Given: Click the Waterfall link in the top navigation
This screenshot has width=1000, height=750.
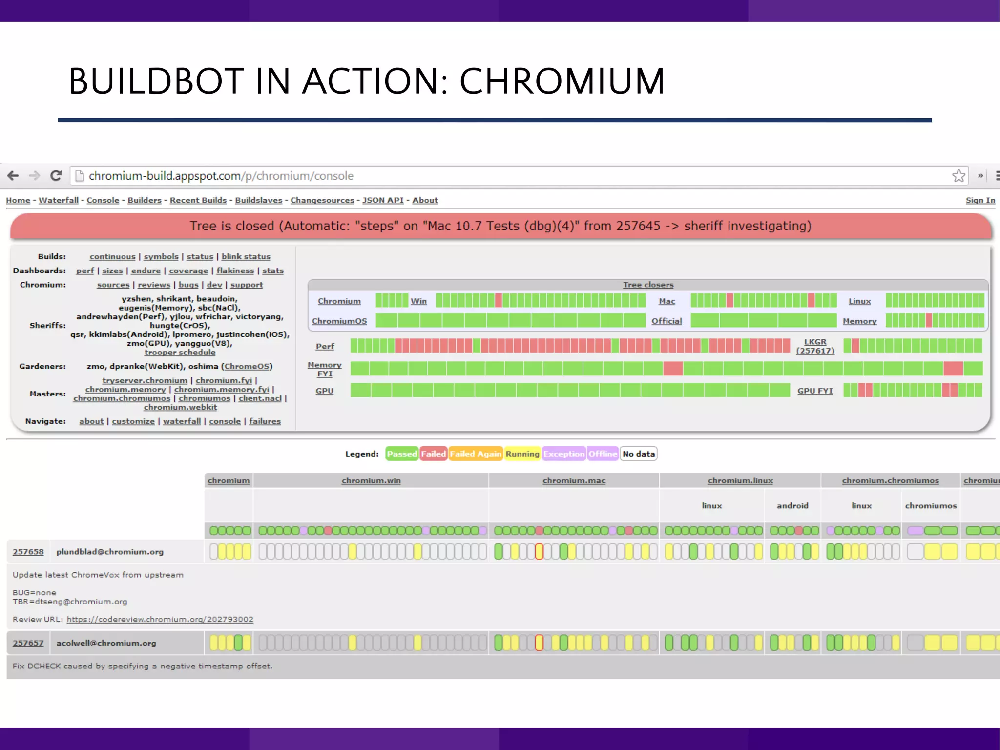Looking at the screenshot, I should pyautogui.click(x=59, y=200).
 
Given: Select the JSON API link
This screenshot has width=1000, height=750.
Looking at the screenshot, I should pyautogui.click(x=383, y=200).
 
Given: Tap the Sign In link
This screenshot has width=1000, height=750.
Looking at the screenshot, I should pyautogui.click(x=980, y=200).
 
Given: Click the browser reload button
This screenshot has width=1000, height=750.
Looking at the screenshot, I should pyautogui.click(x=56, y=176).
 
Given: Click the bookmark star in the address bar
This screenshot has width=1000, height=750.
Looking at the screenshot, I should pyautogui.click(x=958, y=176).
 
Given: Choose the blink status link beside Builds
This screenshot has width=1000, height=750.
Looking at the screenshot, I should pyautogui.click(x=246, y=256).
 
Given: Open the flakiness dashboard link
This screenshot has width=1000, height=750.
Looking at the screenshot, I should pyautogui.click(x=235, y=271).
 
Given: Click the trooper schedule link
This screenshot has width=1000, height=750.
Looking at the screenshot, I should pyautogui.click(x=180, y=352).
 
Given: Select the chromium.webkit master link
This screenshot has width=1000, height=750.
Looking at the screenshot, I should pyautogui.click(x=180, y=407).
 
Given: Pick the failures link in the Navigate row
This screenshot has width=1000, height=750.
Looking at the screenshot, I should pyautogui.click(x=265, y=421).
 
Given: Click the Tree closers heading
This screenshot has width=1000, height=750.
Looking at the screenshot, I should pyautogui.click(x=648, y=285).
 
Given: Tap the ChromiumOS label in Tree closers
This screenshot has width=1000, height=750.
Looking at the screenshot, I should pyautogui.click(x=339, y=321).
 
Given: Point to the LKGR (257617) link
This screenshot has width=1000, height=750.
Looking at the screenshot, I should pyautogui.click(x=815, y=346).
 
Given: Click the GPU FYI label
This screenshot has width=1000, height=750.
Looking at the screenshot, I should pyautogui.click(x=815, y=391).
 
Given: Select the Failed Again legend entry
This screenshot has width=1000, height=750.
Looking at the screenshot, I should pyautogui.click(x=475, y=454).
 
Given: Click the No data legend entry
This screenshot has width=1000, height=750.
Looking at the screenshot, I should pyautogui.click(x=638, y=454).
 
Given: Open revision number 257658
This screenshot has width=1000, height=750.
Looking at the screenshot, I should pyautogui.click(x=28, y=552).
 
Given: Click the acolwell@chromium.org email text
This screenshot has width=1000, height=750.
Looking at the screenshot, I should pyautogui.click(x=106, y=643).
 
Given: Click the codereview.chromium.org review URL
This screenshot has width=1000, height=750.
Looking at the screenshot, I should pyautogui.click(x=160, y=619).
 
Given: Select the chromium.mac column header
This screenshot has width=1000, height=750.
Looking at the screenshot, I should pyautogui.click(x=574, y=480).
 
